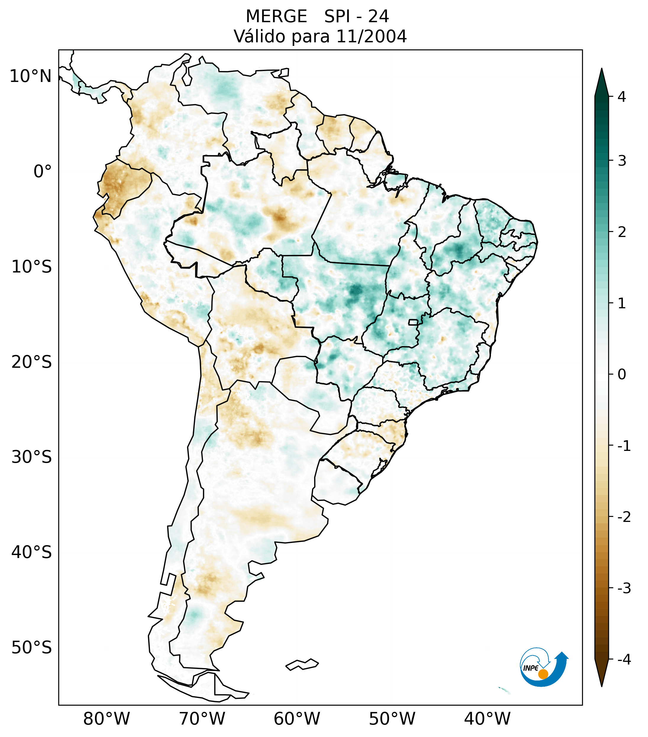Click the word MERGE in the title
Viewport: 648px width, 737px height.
coord(277,17)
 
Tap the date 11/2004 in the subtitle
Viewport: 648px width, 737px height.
coord(371,36)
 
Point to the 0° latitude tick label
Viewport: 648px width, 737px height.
coord(43,172)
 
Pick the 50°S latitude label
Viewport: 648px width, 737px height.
coord(32,648)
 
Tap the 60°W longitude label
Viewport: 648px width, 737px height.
coord(297,719)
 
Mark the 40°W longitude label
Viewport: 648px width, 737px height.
coord(487,719)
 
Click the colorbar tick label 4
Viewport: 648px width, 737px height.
coord(622,97)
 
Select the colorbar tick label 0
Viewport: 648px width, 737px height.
coord(622,375)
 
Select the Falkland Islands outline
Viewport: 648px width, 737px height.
coord(302,664)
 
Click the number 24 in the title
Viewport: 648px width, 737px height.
coord(379,17)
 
